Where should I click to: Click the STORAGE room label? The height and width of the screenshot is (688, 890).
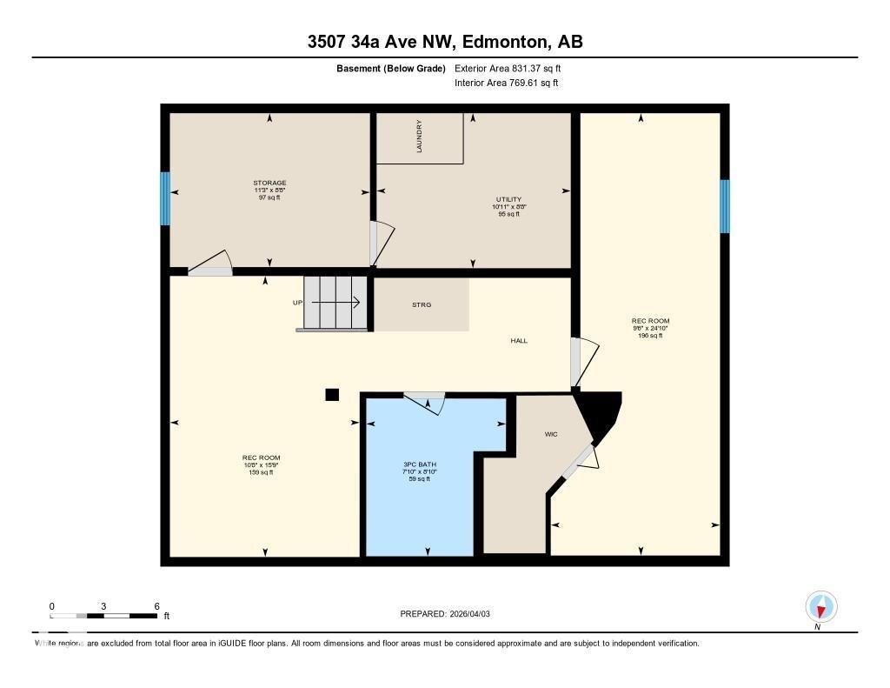click(269, 184)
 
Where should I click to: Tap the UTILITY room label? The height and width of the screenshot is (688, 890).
click(508, 200)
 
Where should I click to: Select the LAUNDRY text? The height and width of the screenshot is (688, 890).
click(419, 137)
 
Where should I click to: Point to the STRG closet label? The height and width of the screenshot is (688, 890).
click(422, 304)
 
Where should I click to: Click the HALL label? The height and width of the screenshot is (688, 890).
click(519, 341)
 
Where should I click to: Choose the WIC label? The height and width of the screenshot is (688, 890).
click(550, 432)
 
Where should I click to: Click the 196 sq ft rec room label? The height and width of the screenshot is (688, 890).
click(650, 320)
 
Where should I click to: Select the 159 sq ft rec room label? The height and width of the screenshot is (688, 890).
click(261, 458)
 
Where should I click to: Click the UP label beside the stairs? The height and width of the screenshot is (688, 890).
click(297, 303)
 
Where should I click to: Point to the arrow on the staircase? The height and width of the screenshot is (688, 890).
click(336, 303)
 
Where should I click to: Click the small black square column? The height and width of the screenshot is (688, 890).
click(331, 395)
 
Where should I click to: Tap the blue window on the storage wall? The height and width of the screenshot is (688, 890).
click(164, 198)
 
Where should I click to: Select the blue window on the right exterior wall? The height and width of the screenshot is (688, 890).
click(725, 206)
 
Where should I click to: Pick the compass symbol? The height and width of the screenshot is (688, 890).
click(820, 605)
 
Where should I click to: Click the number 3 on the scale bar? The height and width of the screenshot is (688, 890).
click(103, 605)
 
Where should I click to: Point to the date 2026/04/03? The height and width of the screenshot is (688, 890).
click(476, 614)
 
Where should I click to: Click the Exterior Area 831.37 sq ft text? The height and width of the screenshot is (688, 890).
click(514, 68)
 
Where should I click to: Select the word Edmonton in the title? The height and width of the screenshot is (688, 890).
click(503, 42)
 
